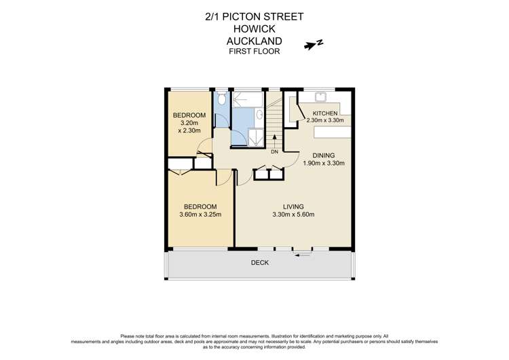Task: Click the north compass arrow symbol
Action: coord(314,46)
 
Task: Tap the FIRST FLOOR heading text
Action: coord(254,51)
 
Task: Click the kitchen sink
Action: coord(320,96)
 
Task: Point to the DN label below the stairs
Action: coord(274,151)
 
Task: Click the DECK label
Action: coord(260,263)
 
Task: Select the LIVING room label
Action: coord(293,206)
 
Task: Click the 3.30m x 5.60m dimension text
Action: coord(293,215)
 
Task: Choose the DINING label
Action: coord(323,155)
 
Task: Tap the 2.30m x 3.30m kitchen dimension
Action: coord(325,120)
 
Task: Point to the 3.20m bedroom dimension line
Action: coord(188,123)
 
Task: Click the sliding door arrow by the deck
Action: coord(303,255)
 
